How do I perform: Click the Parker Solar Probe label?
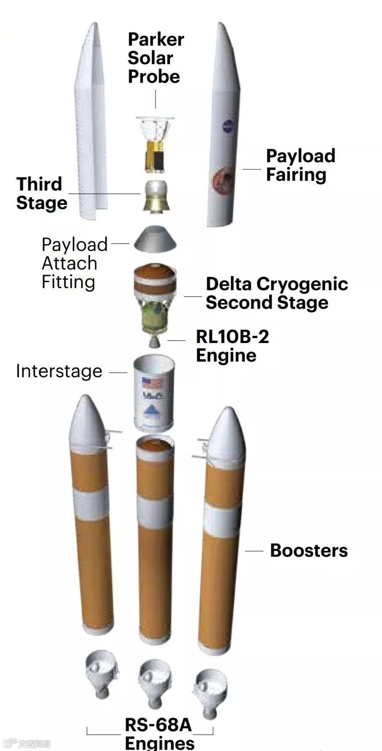click(155, 58)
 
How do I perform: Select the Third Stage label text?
click(41, 193)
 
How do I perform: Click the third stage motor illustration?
click(156, 196)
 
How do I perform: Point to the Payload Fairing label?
click(300, 165)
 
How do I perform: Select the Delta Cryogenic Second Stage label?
click(276, 293)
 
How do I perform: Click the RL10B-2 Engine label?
click(232, 346)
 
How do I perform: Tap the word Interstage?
click(59, 371)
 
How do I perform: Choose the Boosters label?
click(308, 550)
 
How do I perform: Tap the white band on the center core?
click(155, 513)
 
